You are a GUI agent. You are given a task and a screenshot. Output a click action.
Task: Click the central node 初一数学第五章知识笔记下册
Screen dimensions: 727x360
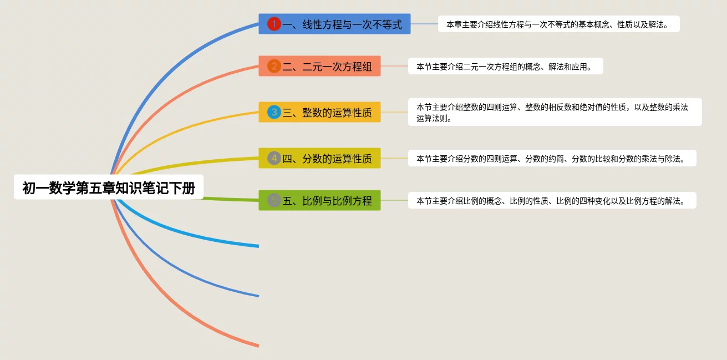click(109, 188)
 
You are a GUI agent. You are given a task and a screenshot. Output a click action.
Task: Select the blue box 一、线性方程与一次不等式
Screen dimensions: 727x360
click(334, 24)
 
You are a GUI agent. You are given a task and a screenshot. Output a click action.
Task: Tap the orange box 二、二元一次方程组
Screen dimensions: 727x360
click(319, 67)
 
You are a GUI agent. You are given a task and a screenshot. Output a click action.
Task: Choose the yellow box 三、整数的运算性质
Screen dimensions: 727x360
click(319, 112)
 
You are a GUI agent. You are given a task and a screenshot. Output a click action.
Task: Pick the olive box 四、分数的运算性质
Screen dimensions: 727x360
click(319, 158)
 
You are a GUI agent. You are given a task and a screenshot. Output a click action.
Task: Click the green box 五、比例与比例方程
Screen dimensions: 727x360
click(319, 200)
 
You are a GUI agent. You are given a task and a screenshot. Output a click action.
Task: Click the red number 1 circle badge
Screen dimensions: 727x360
click(274, 24)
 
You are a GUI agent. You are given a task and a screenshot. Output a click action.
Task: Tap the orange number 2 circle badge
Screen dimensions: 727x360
click(274, 67)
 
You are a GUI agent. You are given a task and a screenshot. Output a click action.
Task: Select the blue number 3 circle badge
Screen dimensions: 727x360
click(274, 112)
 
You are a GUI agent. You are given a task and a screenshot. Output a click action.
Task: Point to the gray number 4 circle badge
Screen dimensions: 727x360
click(274, 158)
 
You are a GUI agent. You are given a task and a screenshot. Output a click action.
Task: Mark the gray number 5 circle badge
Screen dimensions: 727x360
click(274, 200)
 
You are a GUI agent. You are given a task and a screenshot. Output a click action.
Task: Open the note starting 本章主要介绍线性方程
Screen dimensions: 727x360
click(558, 24)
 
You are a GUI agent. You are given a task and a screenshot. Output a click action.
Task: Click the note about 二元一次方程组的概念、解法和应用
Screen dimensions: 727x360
click(505, 67)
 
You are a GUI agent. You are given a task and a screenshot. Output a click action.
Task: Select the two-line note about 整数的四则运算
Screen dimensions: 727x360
click(555, 112)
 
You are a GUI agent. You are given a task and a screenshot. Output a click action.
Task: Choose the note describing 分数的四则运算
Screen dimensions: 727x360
click(552, 158)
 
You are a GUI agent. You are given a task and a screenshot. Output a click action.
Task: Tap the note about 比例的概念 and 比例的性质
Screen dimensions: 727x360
click(552, 200)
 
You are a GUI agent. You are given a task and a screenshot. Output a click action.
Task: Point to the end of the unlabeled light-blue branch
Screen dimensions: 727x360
click(257, 246)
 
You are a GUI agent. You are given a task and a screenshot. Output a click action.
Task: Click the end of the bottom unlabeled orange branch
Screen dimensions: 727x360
click(257, 346)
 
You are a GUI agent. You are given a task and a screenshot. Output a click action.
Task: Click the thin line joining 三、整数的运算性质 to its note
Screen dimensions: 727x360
click(394, 112)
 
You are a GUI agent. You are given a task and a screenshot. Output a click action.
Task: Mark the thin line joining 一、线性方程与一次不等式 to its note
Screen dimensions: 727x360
click(424, 24)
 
